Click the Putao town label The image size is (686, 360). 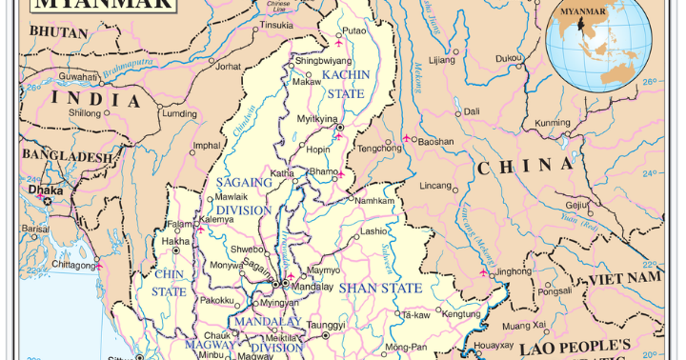353,30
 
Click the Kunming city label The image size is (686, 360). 552,123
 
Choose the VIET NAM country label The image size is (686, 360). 624,277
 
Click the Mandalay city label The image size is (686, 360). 312,286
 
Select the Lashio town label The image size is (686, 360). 373,231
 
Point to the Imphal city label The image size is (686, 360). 207,146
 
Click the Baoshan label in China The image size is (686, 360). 436,141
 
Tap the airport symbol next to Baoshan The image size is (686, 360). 407,140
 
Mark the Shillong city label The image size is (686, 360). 84,112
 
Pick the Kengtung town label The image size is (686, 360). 462,313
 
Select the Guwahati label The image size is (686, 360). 78,76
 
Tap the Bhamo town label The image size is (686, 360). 326,171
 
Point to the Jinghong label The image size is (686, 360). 514,270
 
